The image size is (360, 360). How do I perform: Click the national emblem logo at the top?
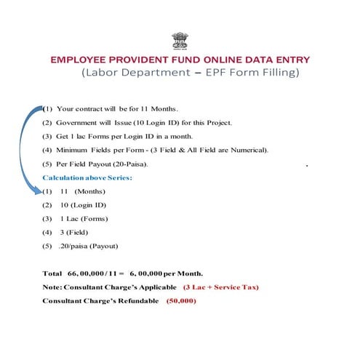coord(179,39)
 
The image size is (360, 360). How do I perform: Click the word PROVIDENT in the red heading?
coord(138,59)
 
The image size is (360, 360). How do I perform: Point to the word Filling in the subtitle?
coord(277,73)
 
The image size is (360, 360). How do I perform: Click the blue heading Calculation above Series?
coord(87,178)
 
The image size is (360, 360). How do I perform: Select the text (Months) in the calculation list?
coord(89,191)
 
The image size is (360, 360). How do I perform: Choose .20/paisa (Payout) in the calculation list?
coord(90,248)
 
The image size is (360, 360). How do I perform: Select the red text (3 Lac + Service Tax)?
coord(220,287)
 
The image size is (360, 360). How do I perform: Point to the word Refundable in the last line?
coord(137,300)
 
